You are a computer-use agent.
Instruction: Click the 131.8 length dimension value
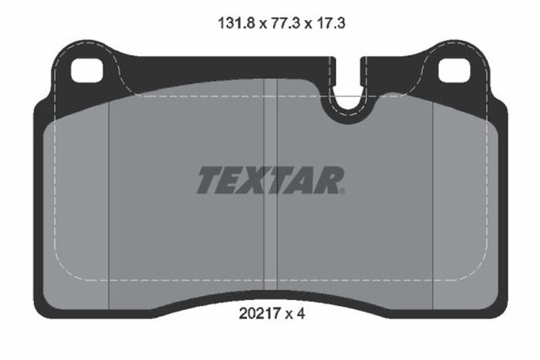pos(236,23)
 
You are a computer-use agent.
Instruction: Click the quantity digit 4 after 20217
pos(301,314)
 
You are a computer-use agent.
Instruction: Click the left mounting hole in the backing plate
pos(86,71)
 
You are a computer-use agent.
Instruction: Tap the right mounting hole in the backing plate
pos(454,71)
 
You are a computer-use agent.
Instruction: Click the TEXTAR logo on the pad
pos(271,180)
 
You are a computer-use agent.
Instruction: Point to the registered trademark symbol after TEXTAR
pos(342,191)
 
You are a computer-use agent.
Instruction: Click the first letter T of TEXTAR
pos(210,180)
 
